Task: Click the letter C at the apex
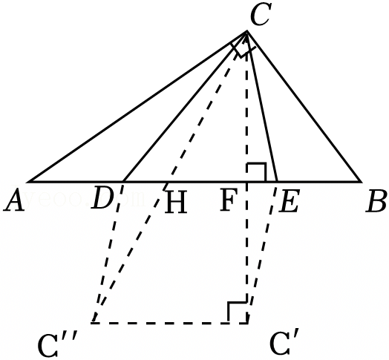click(x=260, y=14)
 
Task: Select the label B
click(x=376, y=200)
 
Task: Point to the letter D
click(x=102, y=198)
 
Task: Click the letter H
click(x=176, y=202)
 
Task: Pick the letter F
click(x=229, y=199)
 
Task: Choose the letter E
click(x=289, y=200)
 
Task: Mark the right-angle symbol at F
click(x=257, y=172)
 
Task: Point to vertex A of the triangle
click(x=28, y=182)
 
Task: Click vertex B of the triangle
click(x=362, y=182)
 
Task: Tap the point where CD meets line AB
click(x=123, y=182)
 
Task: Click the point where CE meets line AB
click(x=277, y=182)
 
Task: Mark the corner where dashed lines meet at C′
click(x=247, y=323)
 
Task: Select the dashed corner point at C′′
click(x=93, y=323)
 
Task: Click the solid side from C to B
click(x=304, y=106)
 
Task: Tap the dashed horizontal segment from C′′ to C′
click(x=170, y=323)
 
